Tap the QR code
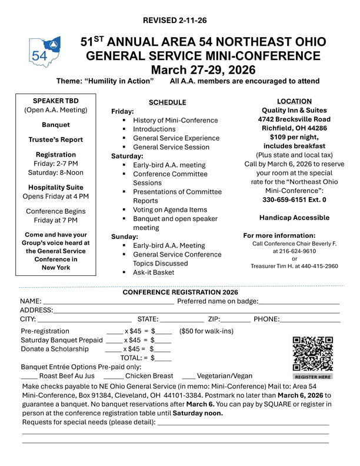(x=312, y=353)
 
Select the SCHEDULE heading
(x=167, y=102)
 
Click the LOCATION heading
(x=294, y=101)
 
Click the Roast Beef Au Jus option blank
(x=29, y=375)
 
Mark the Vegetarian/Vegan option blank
(x=188, y=375)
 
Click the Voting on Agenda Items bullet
(x=170, y=209)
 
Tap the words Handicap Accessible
(x=295, y=218)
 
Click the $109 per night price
(x=294, y=137)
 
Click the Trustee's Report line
(x=56, y=140)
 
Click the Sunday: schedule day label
(x=125, y=237)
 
